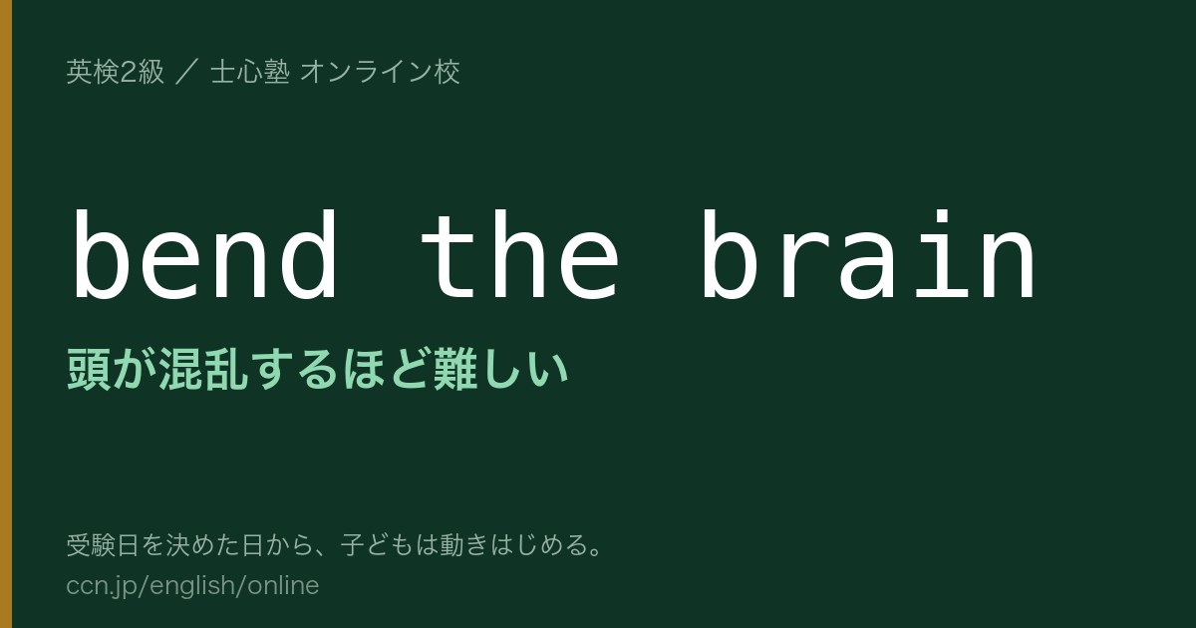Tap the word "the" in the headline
(519, 255)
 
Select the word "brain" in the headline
(869, 255)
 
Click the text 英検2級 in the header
(115, 72)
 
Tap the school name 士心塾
(250, 72)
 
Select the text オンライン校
(380, 72)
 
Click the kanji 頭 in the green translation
(89, 369)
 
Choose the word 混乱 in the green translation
(203, 369)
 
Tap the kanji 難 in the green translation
(454, 369)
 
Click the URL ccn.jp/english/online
(192, 586)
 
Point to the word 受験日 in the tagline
(103, 545)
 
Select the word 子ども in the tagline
(378, 545)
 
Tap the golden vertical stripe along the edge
(6, 314)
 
